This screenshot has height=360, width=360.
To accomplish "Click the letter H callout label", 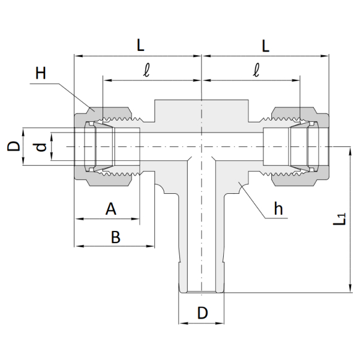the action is tap(41, 73).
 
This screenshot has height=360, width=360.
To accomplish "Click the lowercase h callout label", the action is tap(278, 209).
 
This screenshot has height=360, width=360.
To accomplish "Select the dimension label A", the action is tap(111, 209).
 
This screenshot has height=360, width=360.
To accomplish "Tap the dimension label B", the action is tap(116, 237).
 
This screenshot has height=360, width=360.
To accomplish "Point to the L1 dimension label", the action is tap(339, 219).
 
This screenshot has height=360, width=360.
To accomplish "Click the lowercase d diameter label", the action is tap(41, 147).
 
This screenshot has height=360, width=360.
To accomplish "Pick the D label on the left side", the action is tap(14, 146).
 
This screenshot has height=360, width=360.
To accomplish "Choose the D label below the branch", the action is tap(203, 313).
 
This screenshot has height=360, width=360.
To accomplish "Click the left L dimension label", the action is tap(140, 45).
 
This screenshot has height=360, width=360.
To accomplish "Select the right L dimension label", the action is tap(265, 46).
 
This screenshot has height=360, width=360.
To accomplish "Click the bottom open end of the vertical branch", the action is tap(202, 292).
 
